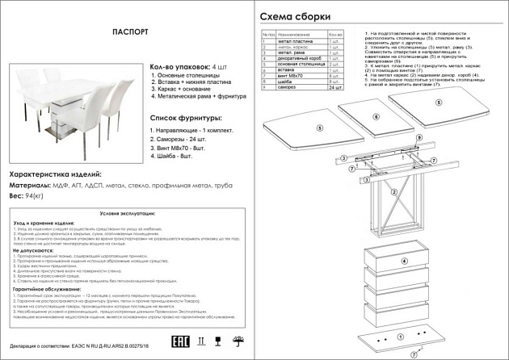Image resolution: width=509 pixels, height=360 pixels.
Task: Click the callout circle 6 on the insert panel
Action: click(x=376, y=117)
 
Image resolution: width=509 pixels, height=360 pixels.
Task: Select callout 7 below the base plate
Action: click(x=412, y=354)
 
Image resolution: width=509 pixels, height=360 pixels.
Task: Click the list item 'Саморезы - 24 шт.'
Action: click(x=181, y=139)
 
